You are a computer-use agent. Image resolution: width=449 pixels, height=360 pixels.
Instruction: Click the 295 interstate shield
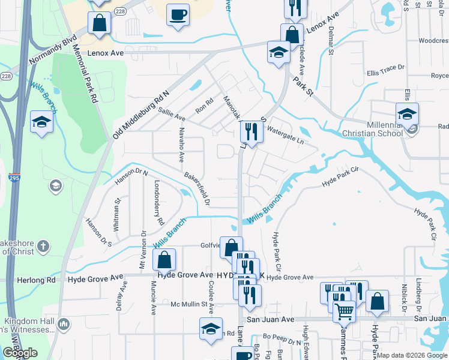(x=13, y=178)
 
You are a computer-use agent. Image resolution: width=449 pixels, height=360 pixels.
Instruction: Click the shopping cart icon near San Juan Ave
(x=343, y=310)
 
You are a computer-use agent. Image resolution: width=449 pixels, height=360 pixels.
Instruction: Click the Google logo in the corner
(x=20, y=353)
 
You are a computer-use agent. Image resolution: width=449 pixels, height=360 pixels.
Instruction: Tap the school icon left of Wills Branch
(x=42, y=122)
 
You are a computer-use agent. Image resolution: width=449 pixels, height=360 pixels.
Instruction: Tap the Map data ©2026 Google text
(x=411, y=355)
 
